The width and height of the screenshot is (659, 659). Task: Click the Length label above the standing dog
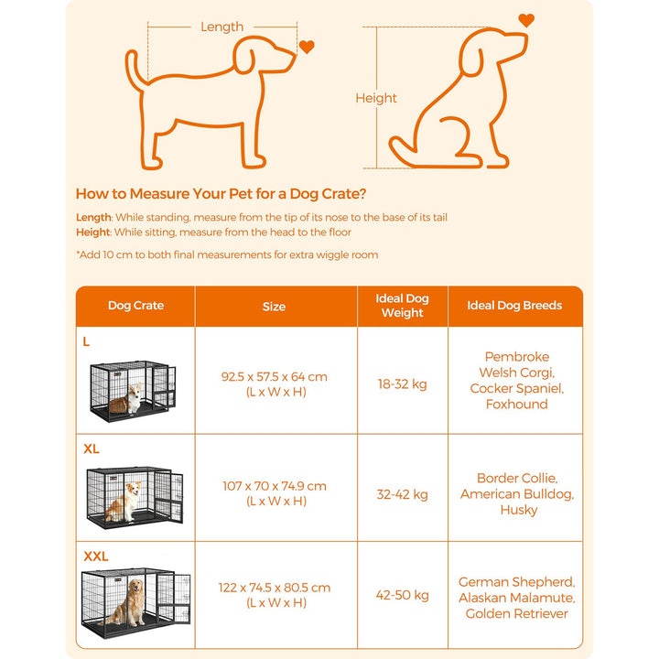[x=221, y=27]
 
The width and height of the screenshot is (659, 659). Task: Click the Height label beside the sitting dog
[x=375, y=98]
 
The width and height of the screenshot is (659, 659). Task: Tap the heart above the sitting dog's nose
[x=525, y=19]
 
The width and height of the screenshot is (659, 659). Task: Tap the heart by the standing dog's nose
[x=307, y=47]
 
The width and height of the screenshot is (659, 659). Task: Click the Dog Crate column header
[x=135, y=306]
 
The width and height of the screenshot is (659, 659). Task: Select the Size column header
[x=274, y=307]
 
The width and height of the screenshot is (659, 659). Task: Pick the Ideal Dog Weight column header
[x=402, y=306]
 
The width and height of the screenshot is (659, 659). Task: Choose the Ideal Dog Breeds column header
[x=514, y=306]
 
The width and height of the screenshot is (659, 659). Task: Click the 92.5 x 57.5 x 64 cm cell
[x=274, y=384]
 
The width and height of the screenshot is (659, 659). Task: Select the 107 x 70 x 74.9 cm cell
[x=274, y=493]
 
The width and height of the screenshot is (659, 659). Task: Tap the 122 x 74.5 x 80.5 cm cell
[x=274, y=595]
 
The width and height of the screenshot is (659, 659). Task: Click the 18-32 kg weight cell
[x=402, y=384]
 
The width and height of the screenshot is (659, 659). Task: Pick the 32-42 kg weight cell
[x=402, y=494]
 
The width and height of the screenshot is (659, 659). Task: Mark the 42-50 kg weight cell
[x=402, y=595]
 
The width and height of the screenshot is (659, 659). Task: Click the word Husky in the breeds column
[x=518, y=510]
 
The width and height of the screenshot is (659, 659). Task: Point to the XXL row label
[x=95, y=556]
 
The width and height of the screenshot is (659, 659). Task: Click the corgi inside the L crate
[x=129, y=400]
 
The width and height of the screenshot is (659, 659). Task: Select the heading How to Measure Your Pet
[x=221, y=194]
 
